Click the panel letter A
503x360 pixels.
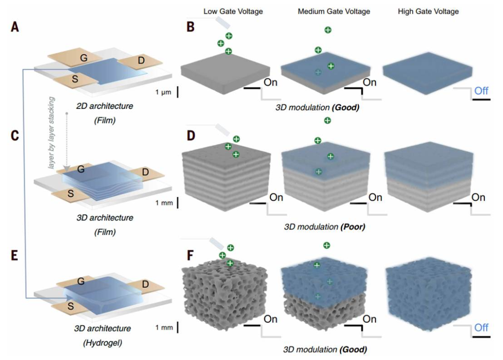pyautogui.click(x=15, y=27)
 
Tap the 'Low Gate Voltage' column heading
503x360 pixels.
pyautogui.click(x=233, y=11)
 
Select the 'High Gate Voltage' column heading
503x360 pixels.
pyautogui.click(x=428, y=11)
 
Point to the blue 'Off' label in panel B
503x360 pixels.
pyautogui.click(x=482, y=91)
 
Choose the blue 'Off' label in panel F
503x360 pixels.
pyautogui.click(x=482, y=328)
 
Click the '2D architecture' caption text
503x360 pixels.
pyautogui.click(x=103, y=106)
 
